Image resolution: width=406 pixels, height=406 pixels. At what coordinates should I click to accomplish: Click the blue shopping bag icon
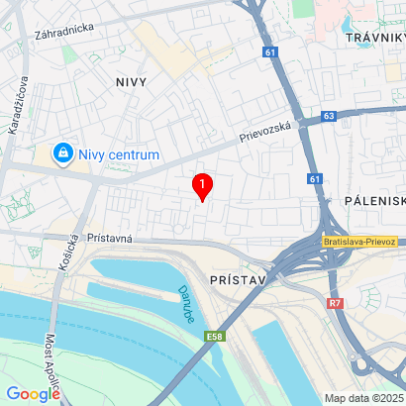[63, 153]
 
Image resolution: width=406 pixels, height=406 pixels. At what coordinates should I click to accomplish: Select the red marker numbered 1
[203, 185]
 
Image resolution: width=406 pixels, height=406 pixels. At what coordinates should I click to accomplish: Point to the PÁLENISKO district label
[375, 200]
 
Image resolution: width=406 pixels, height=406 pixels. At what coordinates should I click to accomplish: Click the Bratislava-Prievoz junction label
[359, 242]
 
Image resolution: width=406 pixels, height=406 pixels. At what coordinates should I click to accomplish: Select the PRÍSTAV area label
[239, 281]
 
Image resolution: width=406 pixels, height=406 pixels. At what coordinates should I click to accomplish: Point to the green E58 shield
[214, 338]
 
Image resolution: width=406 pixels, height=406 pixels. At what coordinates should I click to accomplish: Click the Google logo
[33, 393]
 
